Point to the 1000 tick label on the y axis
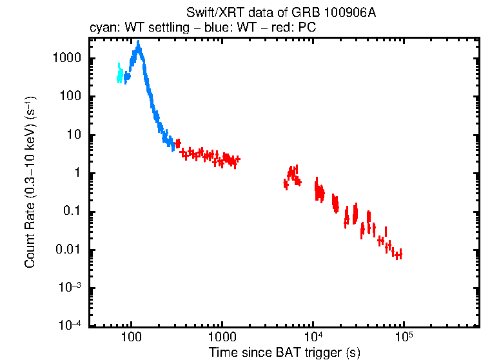click(x=66, y=58)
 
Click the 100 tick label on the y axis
click(x=70, y=97)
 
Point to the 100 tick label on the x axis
click(x=132, y=338)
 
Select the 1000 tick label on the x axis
click(x=222, y=338)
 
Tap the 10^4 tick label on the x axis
click(x=313, y=337)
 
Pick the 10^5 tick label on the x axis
click(x=404, y=337)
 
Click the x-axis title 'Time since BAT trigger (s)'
click(x=285, y=352)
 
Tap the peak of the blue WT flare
click(x=138, y=46)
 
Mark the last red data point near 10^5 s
click(x=399, y=254)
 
